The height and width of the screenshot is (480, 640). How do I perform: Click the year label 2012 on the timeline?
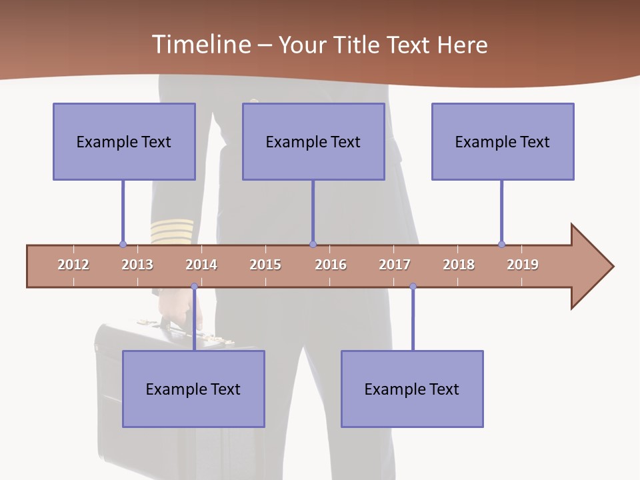[x=73, y=265]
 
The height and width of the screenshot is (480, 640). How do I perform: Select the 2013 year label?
[x=137, y=265]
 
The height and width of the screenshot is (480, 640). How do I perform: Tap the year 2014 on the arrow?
[x=201, y=265]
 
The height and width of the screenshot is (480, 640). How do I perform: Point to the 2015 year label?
[x=265, y=265]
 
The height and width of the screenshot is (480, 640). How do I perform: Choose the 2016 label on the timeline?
[x=331, y=265]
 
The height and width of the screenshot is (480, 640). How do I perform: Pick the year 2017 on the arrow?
[x=395, y=265]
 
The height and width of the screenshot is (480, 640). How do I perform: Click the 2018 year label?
[x=459, y=265]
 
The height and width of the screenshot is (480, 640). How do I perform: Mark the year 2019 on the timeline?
[x=523, y=265]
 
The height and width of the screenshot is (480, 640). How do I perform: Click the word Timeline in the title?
[x=200, y=45]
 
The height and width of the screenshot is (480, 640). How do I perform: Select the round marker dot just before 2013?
[x=123, y=244]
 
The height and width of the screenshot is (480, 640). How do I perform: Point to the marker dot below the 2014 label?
[x=194, y=287]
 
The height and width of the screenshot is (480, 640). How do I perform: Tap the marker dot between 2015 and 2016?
[x=313, y=244]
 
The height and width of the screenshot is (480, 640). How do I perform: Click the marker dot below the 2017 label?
[x=413, y=287]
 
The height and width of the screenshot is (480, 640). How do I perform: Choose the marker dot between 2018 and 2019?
[x=501, y=244]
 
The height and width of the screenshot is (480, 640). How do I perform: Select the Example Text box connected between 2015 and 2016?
[x=313, y=141]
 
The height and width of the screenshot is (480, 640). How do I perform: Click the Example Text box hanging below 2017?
[x=412, y=389]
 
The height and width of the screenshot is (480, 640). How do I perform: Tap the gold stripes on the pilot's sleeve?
[x=171, y=231]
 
